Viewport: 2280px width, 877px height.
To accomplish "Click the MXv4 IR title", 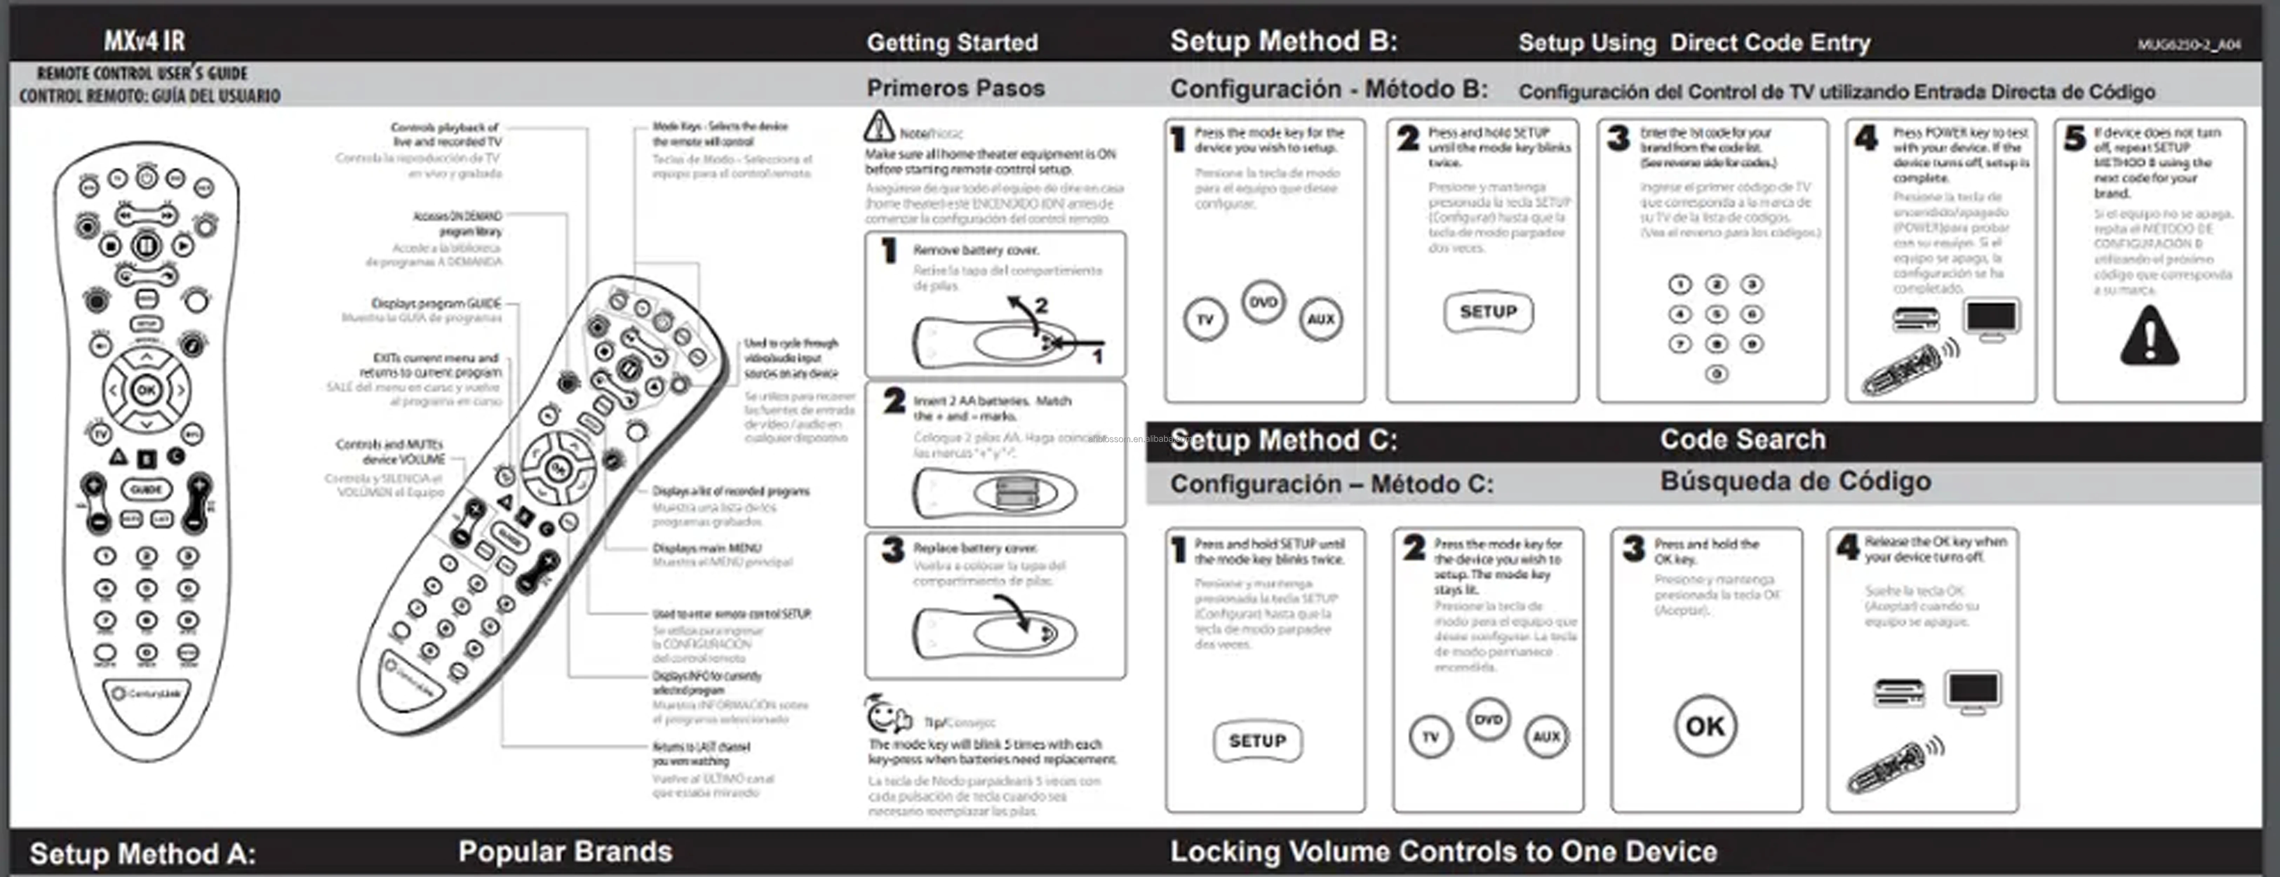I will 144,41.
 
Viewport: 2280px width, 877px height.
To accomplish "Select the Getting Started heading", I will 952,42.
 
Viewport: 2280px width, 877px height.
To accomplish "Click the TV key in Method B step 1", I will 1205,320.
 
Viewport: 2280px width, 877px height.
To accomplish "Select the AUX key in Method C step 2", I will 1546,736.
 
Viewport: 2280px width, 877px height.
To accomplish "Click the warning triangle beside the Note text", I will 879,127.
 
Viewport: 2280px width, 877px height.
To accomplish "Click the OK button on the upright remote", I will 146,389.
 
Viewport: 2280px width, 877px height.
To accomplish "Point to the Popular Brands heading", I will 565,851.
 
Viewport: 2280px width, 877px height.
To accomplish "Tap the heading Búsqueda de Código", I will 1795,481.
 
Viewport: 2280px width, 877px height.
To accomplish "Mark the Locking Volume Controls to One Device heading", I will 1443,851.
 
